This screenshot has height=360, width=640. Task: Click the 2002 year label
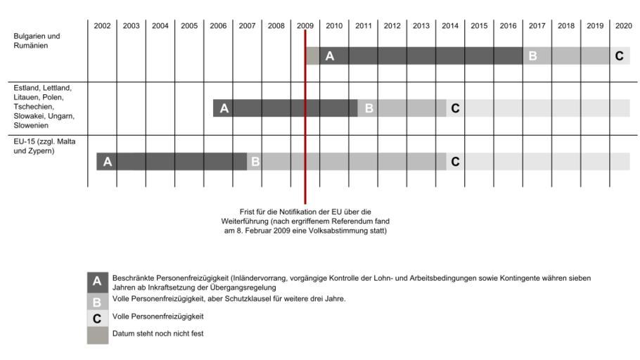(x=102, y=26)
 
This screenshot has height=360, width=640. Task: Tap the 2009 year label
(x=305, y=26)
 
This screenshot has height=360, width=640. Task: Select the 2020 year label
(x=623, y=26)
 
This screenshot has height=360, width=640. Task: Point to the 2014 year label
(x=450, y=26)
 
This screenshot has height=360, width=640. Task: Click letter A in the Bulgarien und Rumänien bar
(x=329, y=56)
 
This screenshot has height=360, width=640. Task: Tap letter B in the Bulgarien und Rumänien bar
(x=532, y=56)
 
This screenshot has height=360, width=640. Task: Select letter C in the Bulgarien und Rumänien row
(x=619, y=56)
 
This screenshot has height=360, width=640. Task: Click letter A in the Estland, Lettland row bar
(x=224, y=108)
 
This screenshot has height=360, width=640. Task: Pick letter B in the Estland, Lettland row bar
(x=369, y=108)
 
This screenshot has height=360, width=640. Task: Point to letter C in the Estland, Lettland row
(x=455, y=108)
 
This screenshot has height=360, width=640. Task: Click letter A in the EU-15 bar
(x=108, y=162)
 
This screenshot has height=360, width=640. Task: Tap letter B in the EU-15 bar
(x=255, y=162)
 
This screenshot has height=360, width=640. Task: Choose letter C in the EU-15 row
(x=455, y=162)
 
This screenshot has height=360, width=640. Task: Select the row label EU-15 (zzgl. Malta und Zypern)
(x=44, y=146)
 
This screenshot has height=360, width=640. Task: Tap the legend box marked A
(x=97, y=282)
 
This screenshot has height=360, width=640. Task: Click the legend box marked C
(x=97, y=318)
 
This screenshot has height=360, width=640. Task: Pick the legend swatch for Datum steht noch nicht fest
(x=97, y=334)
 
